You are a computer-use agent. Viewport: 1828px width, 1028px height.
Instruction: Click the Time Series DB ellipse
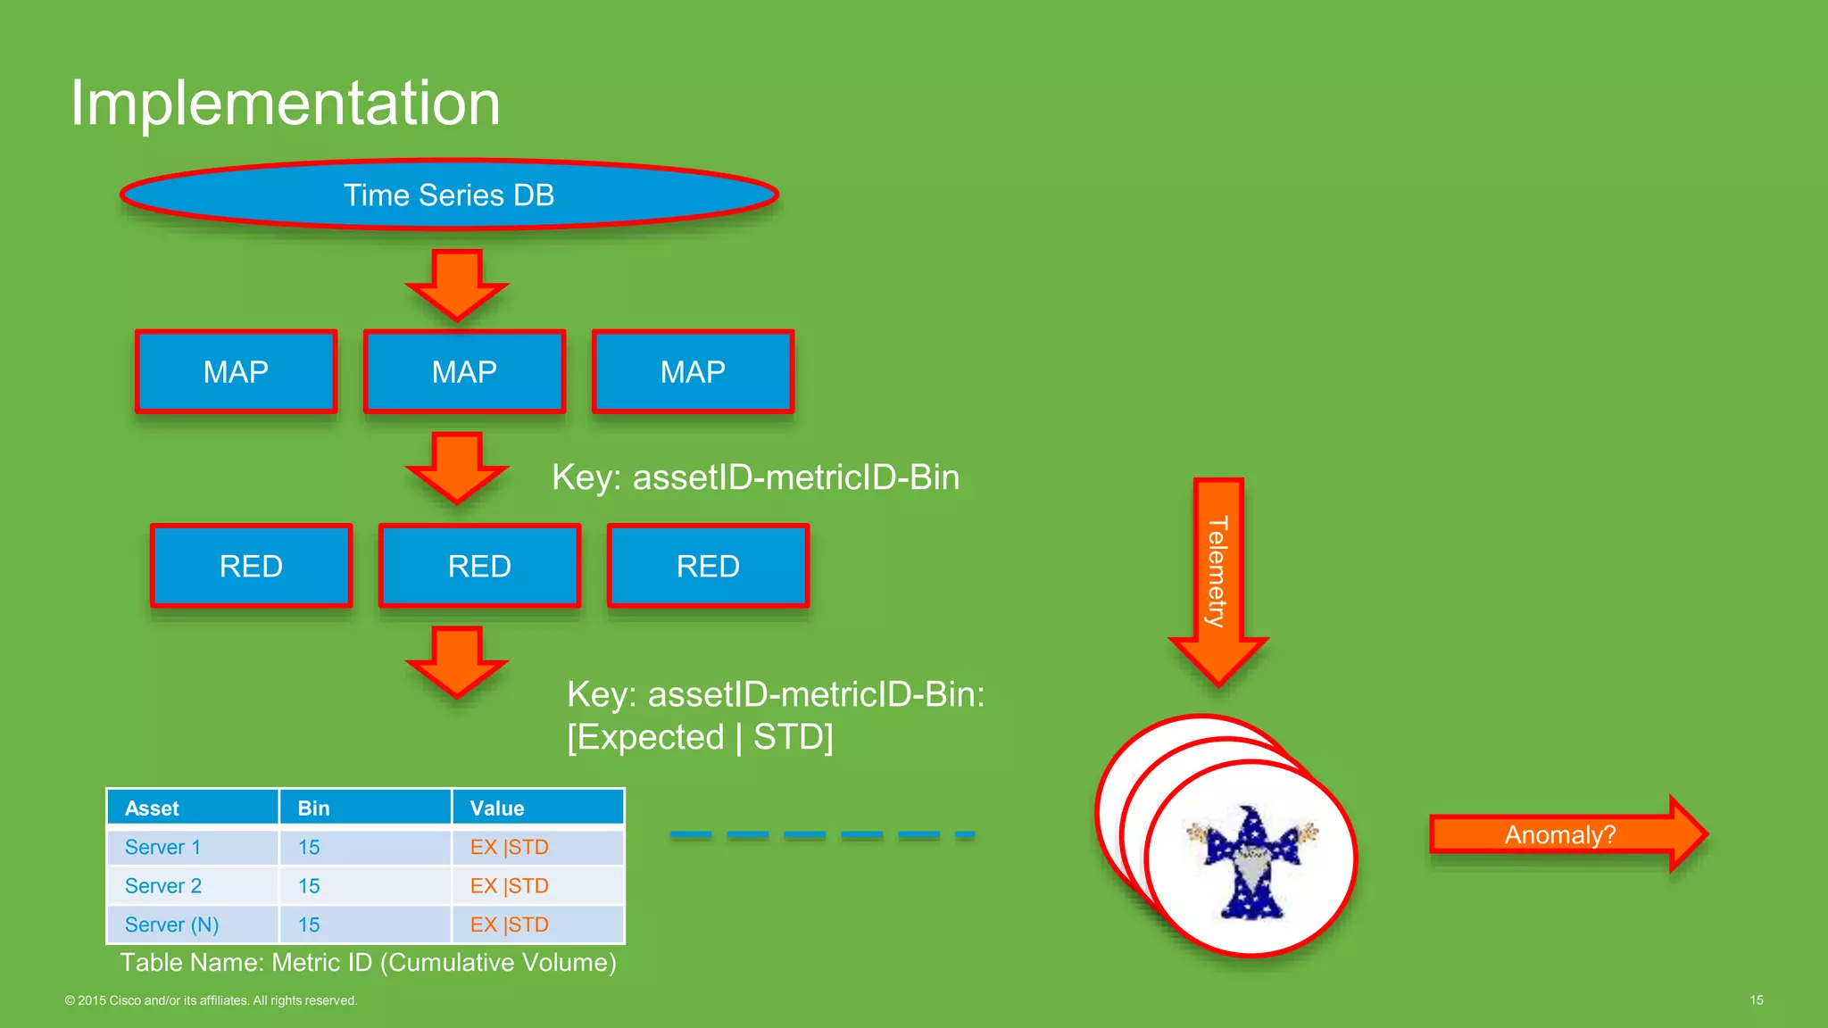pyautogui.click(x=449, y=195)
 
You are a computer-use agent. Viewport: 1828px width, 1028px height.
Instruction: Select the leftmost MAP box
pyautogui.click(x=236, y=371)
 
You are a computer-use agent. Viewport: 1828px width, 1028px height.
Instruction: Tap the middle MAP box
pyautogui.click(x=464, y=371)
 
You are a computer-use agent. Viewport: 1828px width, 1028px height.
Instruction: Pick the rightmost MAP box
pyautogui.click(x=693, y=371)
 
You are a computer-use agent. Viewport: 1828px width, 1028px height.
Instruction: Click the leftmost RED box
pyautogui.click(x=251, y=566)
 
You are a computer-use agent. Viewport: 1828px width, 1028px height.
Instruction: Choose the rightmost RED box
pyautogui.click(x=708, y=566)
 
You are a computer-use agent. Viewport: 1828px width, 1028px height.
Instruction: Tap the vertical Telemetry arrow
pyautogui.click(x=1218, y=580)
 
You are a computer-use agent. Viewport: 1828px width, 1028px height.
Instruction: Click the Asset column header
pyautogui.click(x=152, y=808)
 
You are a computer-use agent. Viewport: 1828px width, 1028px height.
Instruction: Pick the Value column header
pyautogui.click(x=497, y=808)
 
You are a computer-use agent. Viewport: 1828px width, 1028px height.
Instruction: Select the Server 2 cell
pyautogui.click(x=163, y=886)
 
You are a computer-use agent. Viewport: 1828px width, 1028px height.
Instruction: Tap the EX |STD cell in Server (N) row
pyautogui.click(x=510, y=924)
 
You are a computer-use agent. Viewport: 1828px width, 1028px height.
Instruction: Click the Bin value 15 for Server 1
pyautogui.click(x=309, y=847)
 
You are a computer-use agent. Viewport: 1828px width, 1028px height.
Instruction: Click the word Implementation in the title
pyautogui.click(x=285, y=103)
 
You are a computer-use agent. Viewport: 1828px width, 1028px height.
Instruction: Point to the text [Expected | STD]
pyautogui.click(x=700, y=737)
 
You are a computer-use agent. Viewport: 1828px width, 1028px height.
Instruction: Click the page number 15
pyautogui.click(x=1756, y=1000)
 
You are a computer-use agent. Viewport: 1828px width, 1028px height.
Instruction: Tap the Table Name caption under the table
pyautogui.click(x=368, y=963)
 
